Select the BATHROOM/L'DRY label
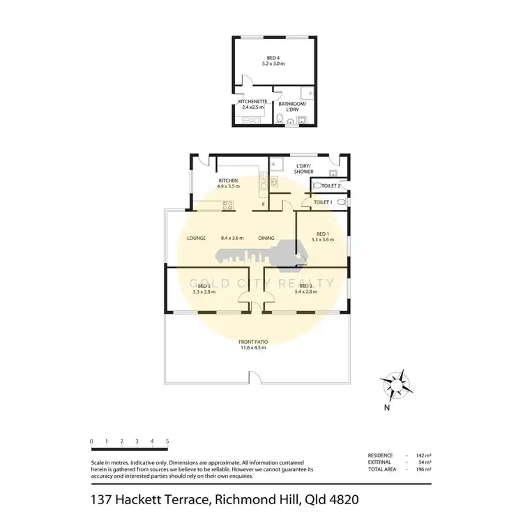(x=292, y=107)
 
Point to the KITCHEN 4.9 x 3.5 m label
(x=228, y=183)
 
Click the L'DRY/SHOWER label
(x=303, y=168)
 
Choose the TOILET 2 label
(x=330, y=186)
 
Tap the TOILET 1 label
(x=321, y=202)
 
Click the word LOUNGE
(x=196, y=238)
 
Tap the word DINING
(x=266, y=238)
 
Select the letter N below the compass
(x=386, y=409)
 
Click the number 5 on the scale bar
(x=167, y=441)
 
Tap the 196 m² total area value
(x=424, y=469)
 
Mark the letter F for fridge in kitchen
(x=263, y=205)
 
